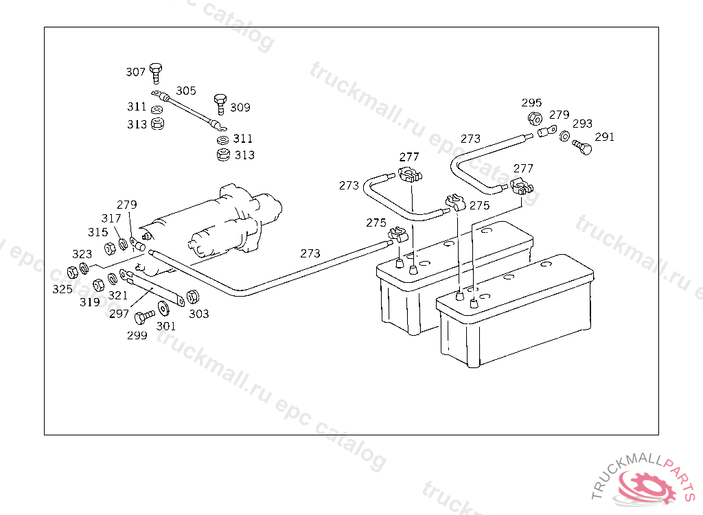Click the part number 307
coord(135,72)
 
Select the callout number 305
coord(186,91)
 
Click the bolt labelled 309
coord(220,103)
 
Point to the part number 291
coord(605,137)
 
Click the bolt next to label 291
coord(581,146)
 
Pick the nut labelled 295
coord(533,119)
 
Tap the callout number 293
coord(582,124)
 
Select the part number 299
coord(137,336)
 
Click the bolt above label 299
coord(145,317)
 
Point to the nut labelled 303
coord(193,297)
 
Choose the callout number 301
coord(165,326)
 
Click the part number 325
coord(62,289)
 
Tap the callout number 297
coord(119,314)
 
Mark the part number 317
coord(111,218)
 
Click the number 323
coord(82,255)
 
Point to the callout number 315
coord(97,232)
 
